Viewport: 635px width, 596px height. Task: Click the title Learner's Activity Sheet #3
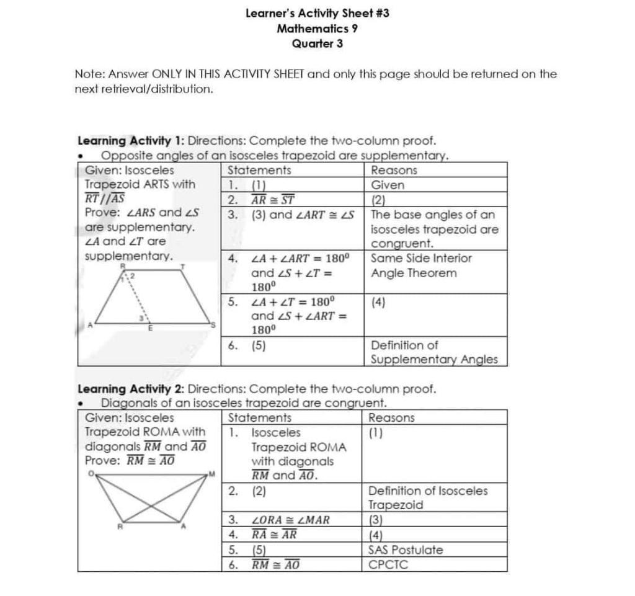pos(317,12)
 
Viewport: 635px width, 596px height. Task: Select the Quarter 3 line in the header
pos(317,43)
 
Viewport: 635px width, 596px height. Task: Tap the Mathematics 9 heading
pos(317,28)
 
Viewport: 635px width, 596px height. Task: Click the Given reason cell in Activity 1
pos(387,185)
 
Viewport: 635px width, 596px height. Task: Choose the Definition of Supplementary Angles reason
pos(433,352)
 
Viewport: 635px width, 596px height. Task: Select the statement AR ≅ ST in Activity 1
pos(272,200)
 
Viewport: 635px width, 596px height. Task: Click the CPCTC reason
pos(388,564)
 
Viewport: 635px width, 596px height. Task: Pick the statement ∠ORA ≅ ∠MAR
pos(290,520)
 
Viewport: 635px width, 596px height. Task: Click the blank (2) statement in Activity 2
pos(259,491)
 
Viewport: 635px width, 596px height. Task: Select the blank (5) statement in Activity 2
pos(259,550)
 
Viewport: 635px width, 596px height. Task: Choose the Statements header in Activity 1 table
pos(259,170)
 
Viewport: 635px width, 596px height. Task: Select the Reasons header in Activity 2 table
pos(391,418)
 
